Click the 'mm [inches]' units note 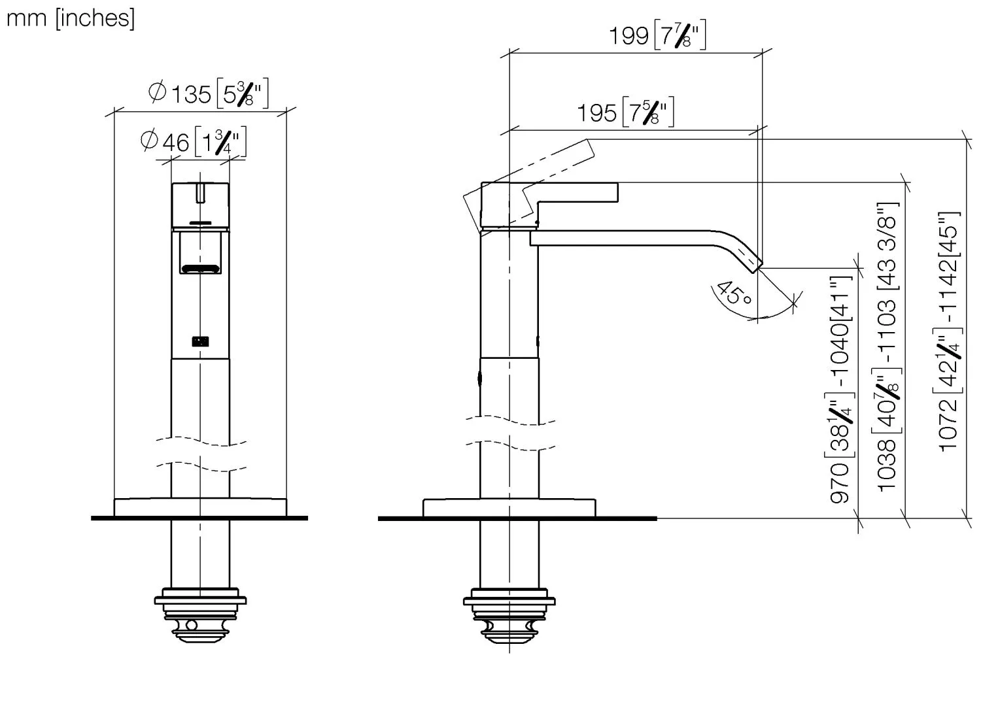(71, 18)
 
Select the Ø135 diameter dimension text (208, 93)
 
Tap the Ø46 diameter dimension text (193, 142)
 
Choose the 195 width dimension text (625, 112)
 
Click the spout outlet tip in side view (757, 263)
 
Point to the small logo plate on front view (200, 341)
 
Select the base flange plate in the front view (200, 507)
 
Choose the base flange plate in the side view (509, 508)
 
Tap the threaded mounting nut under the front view (200, 614)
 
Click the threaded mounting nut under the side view (509, 614)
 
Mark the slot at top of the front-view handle (201, 194)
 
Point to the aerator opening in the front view (201, 268)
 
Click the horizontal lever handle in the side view (576, 192)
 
